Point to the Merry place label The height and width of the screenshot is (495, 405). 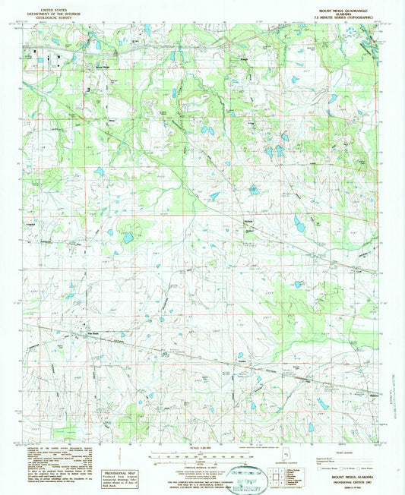coord(112,118)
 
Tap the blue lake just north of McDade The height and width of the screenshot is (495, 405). coord(252,189)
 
